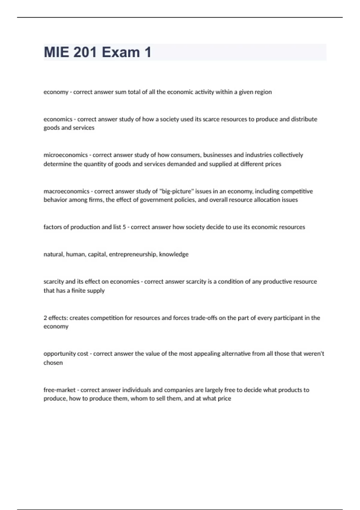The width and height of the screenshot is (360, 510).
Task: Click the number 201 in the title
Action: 85,52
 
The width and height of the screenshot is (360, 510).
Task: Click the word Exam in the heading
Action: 121,52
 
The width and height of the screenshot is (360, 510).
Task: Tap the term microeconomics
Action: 66,155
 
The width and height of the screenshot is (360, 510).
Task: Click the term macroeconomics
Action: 66,191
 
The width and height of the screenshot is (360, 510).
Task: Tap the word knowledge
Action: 174,254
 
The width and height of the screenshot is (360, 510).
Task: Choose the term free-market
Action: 59,390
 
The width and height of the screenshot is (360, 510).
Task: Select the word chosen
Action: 53,363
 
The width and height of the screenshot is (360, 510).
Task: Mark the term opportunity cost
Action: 66,354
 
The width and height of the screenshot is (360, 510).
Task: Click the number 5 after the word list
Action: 124,227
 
